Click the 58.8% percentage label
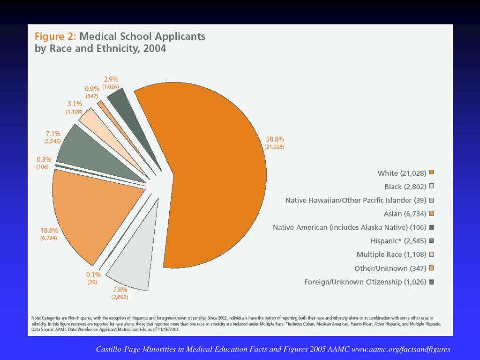tap(275, 139)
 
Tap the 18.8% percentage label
tap(49, 230)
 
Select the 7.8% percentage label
tap(120, 289)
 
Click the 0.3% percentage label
tap(44, 159)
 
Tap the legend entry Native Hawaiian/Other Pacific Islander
tap(356, 201)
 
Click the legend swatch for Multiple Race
tap(431, 255)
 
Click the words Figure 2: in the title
tap(55, 37)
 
